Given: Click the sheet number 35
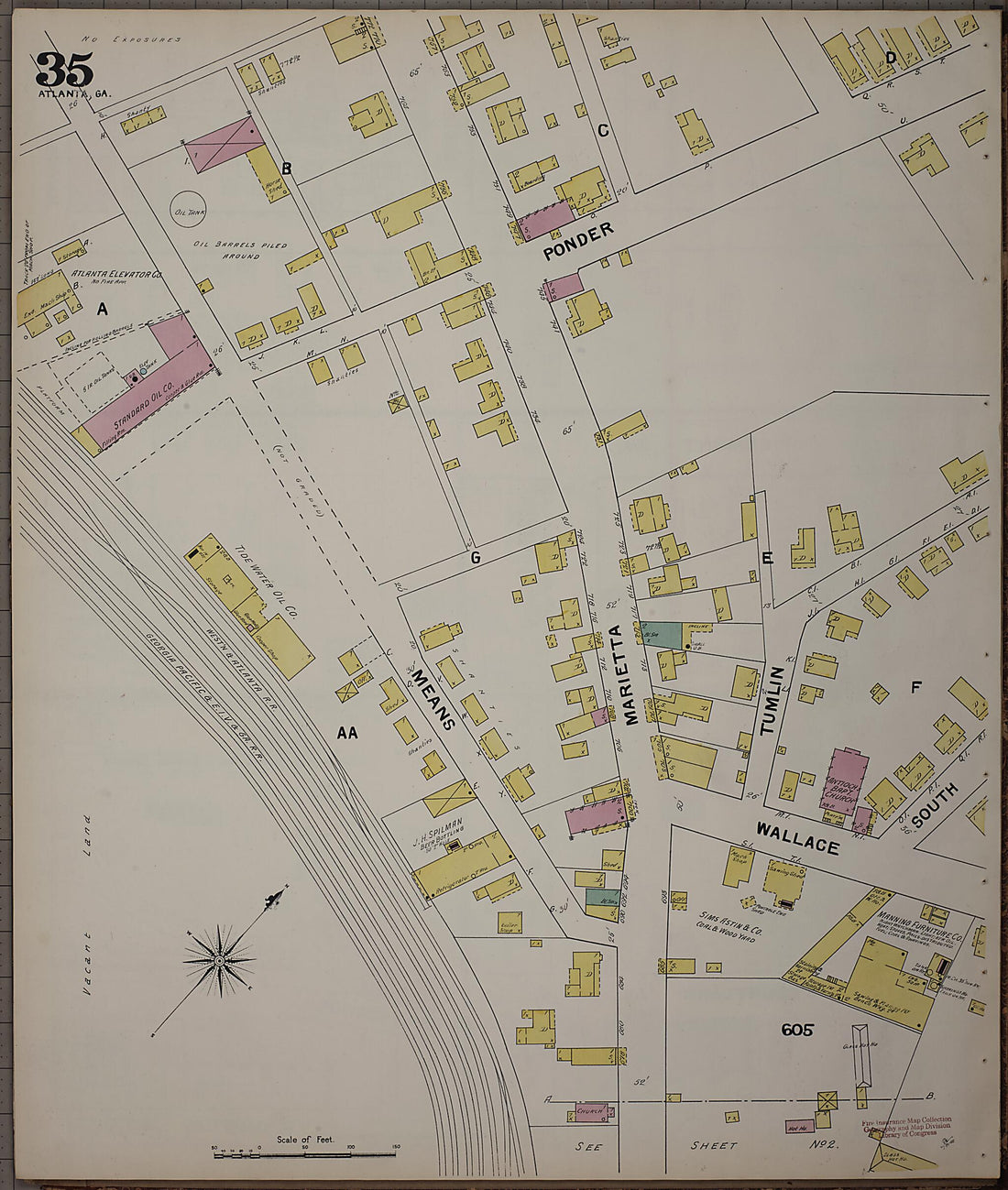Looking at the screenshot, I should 64,71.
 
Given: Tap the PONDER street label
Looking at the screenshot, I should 577,242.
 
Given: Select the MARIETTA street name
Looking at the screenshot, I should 632,675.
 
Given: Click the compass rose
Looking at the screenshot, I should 220,960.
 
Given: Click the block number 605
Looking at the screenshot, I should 797,1030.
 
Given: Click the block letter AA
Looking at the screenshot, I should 347,733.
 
